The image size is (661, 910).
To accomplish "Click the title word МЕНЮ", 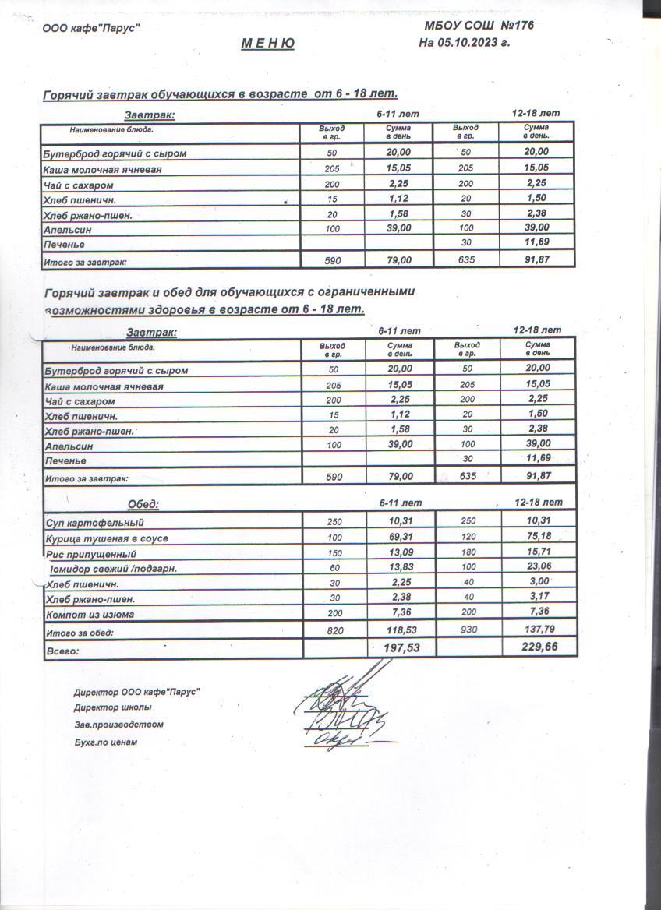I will [x=267, y=44].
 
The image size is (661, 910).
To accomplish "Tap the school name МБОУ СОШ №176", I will [x=476, y=26].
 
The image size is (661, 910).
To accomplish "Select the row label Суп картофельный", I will [x=94, y=523].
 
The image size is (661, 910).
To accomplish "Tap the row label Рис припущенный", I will [x=91, y=554].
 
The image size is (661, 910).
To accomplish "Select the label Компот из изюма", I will [x=90, y=615].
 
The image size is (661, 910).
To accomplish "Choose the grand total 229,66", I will [x=540, y=647].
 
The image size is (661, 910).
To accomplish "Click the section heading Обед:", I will [x=143, y=504].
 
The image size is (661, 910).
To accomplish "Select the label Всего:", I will [x=62, y=649].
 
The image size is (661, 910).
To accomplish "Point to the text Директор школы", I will [x=112, y=707].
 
